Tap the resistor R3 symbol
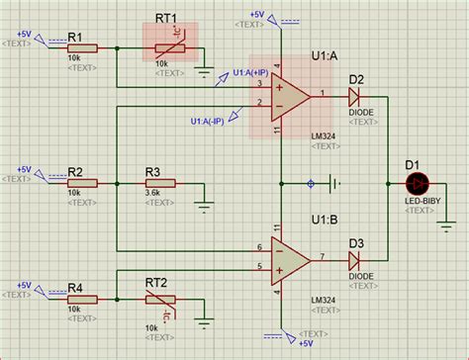point(158,183)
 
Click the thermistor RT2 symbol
point(159,300)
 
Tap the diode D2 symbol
point(355,95)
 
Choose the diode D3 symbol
point(355,259)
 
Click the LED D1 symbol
point(417,184)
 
